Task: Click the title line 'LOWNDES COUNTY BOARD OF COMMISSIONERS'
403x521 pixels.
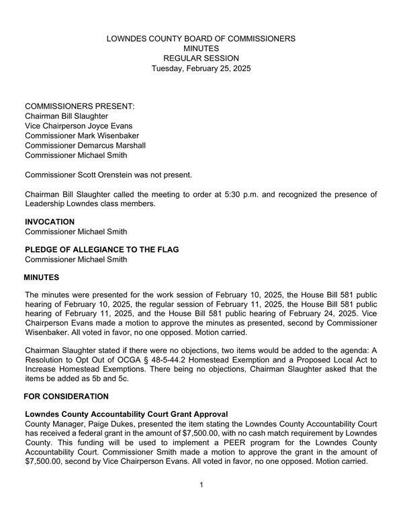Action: point(201,39)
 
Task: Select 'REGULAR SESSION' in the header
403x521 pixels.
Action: point(201,58)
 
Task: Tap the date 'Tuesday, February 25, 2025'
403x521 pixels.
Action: point(201,68)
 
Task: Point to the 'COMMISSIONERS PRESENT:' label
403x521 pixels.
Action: point(79,107)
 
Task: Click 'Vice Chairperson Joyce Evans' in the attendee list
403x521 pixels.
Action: point(79,126)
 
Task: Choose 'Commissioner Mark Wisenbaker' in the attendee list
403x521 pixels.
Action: point(83,136)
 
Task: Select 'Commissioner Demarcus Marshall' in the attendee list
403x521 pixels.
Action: point(85,145)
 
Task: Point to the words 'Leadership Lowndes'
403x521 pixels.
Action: point(62,204)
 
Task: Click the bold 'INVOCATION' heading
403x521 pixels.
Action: point(50,222)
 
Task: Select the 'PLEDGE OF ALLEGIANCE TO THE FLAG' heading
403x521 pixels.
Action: point(101,250)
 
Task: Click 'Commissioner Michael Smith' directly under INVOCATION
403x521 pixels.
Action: point(76,232)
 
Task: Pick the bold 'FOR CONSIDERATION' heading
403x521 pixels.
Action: point(66,396)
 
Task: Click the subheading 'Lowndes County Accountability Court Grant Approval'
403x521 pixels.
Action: point(126,414)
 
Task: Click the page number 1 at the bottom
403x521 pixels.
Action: point(201,485)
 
